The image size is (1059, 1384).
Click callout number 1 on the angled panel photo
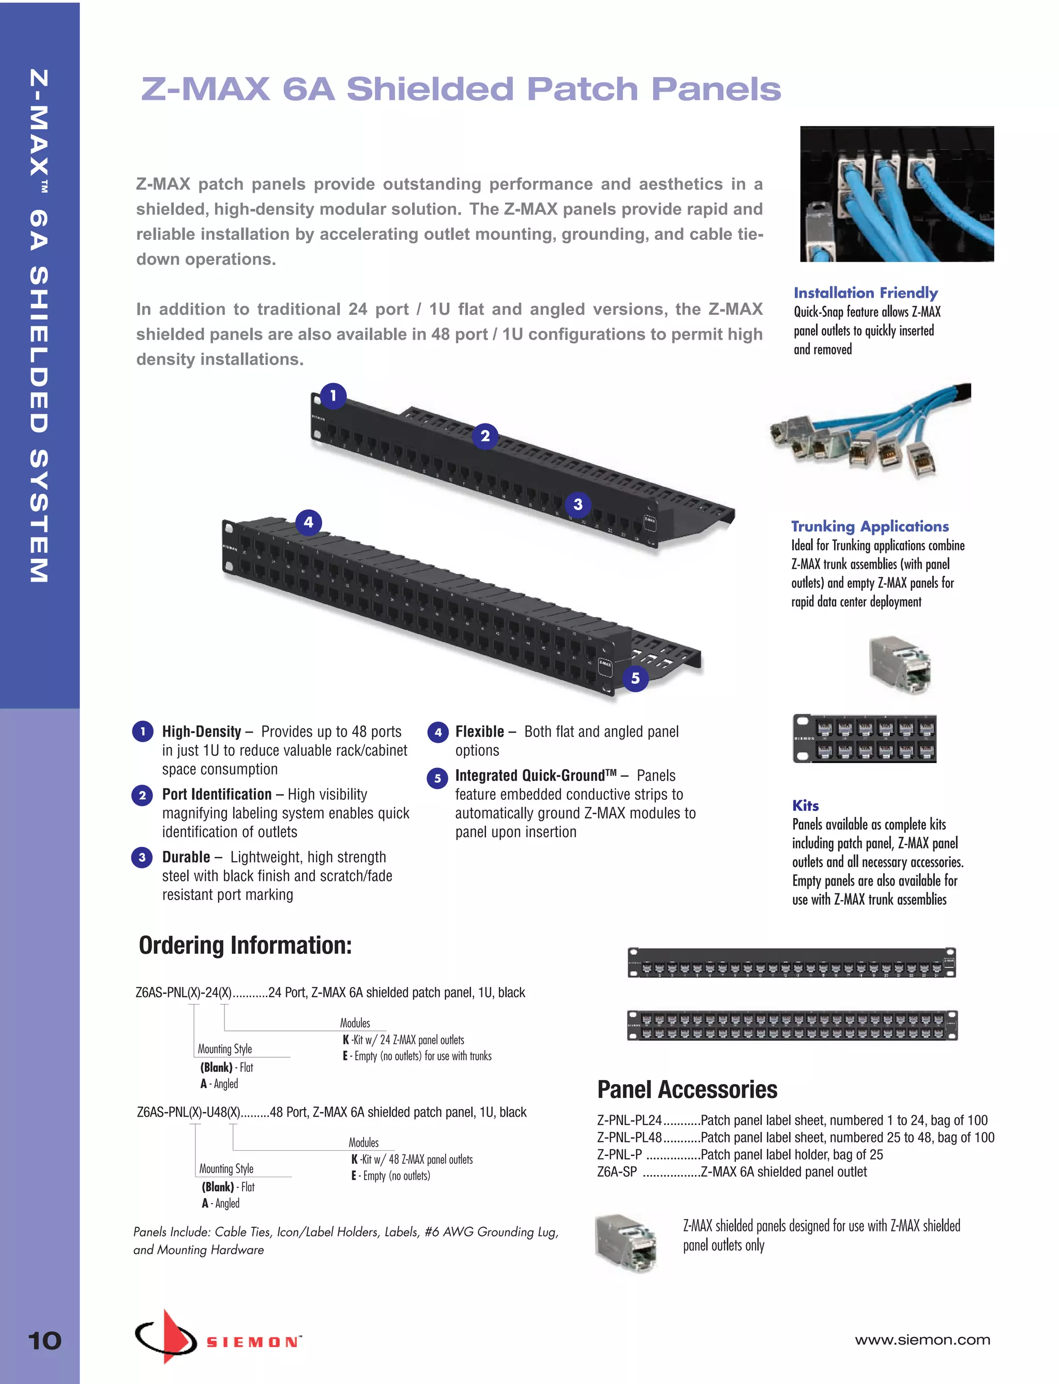click(x=334, y=396)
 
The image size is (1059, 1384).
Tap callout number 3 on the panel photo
click(x=578, y=504)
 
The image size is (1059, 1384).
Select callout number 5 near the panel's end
click(x=636, y=678)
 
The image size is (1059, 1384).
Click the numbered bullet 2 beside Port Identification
click(x=143, y=795)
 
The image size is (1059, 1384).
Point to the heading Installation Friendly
click(x=866, y=293)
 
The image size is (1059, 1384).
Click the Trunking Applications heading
click(x=870, y=526)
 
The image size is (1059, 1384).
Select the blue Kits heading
click(x=806, y=805)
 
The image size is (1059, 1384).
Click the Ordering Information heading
click(x=245, y=946)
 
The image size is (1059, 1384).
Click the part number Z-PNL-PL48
click(x=629, y=1137)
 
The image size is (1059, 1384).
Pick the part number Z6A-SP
click(x=617, y=1172)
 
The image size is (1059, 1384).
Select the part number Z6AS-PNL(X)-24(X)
click(x=184, y=993)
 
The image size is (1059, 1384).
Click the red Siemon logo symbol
click(x=168, y=1335)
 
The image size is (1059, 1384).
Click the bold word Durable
click(x=186, y=857)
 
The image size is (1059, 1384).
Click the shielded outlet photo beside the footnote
click(x=627, y=1243)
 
